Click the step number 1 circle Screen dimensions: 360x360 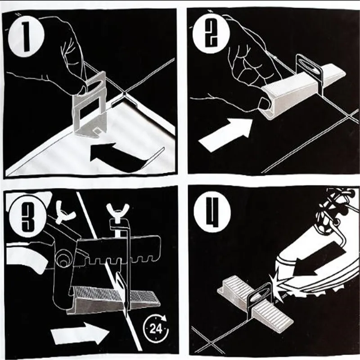coord(26,37)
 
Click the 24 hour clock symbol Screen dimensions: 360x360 coord(156,328)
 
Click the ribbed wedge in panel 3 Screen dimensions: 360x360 coord(114,300)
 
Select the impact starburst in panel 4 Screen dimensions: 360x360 coord(277,282)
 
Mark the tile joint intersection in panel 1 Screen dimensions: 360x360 coord(124,94)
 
